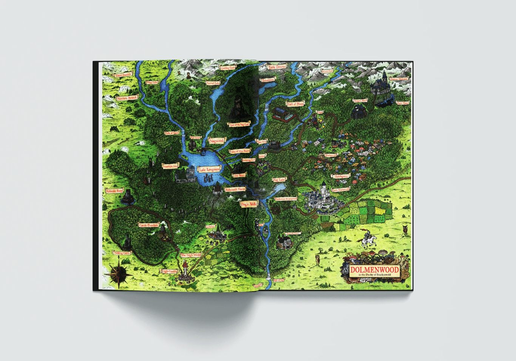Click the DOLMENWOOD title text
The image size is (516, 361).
[374, 270]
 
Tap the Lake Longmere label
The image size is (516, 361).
[209, 170]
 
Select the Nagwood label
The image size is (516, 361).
[216, 141]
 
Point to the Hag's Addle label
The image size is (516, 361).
[249, 204]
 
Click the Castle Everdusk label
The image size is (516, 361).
[148, 225]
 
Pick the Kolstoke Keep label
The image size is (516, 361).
[114, 191]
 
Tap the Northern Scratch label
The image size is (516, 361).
[127, 98]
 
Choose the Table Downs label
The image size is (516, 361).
[277, 67]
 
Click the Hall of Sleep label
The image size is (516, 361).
[295, 104]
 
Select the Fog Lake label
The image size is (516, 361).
[279, 180]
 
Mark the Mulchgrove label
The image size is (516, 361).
[341, 176]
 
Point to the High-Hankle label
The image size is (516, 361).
[169, 271]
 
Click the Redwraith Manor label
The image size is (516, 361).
[235, 190]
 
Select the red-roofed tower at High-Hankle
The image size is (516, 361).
[185, 269]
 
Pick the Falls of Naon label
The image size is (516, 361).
[171, 133]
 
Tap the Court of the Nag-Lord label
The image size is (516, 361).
[239, 125]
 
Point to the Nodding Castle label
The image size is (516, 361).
[122, 253]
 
